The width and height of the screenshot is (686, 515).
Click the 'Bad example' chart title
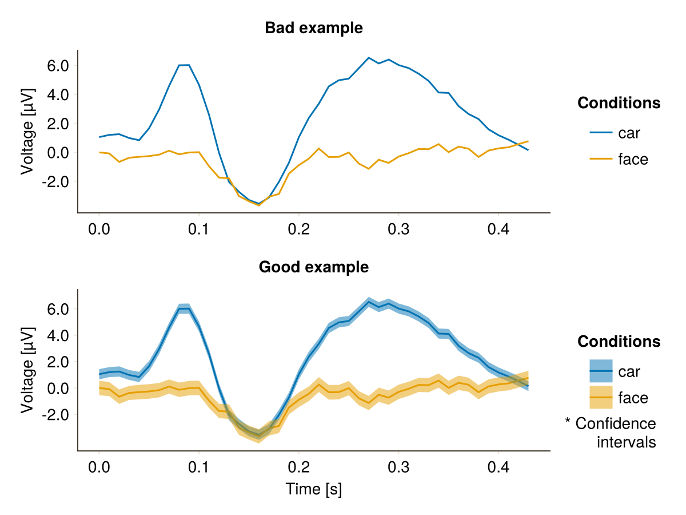313,28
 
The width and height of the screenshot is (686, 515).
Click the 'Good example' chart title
313,267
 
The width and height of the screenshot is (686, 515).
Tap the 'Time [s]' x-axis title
313,489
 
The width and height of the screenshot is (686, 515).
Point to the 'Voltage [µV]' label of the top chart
27,132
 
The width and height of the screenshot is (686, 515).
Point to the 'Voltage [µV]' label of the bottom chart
27,370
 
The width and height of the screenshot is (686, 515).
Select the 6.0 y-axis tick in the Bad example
58,66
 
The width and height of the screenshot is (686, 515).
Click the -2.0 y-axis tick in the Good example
55,415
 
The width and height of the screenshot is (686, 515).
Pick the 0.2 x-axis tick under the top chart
299,229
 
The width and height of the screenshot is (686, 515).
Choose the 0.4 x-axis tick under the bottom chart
498,467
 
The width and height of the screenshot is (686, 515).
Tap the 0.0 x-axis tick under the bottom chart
99,467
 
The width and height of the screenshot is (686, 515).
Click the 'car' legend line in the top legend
601,133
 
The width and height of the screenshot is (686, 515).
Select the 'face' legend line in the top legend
601,159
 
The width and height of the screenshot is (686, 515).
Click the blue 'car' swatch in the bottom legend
601,371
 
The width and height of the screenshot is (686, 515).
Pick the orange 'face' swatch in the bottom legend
601,397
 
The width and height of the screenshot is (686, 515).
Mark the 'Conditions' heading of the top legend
619,103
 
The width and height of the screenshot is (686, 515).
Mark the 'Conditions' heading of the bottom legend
619,342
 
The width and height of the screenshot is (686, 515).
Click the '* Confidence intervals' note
611,433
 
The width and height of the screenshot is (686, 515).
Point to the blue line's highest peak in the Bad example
369,58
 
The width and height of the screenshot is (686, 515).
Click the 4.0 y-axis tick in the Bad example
58,95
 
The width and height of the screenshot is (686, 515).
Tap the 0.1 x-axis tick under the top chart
198,229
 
